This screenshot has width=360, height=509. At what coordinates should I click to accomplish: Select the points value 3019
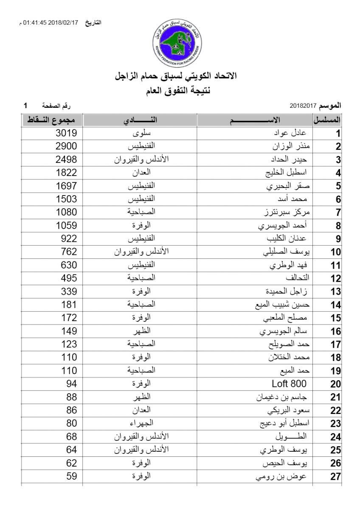(66, 133)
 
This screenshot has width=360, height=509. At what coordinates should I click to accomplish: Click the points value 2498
(66, 159)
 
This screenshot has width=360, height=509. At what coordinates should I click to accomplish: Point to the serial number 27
(335, 476)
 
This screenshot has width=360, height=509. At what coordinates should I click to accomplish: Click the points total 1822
(66, 173)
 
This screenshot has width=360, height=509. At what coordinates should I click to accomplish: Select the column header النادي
(140, 120)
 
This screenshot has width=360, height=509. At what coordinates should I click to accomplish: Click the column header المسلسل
(328, 120)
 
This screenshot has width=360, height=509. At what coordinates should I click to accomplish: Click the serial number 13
(335, 291)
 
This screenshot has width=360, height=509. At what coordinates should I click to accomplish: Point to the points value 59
(71, 476)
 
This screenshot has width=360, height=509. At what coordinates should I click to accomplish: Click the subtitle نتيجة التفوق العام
(180, 90)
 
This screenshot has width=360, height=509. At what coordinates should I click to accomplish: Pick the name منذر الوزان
(291, 146)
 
